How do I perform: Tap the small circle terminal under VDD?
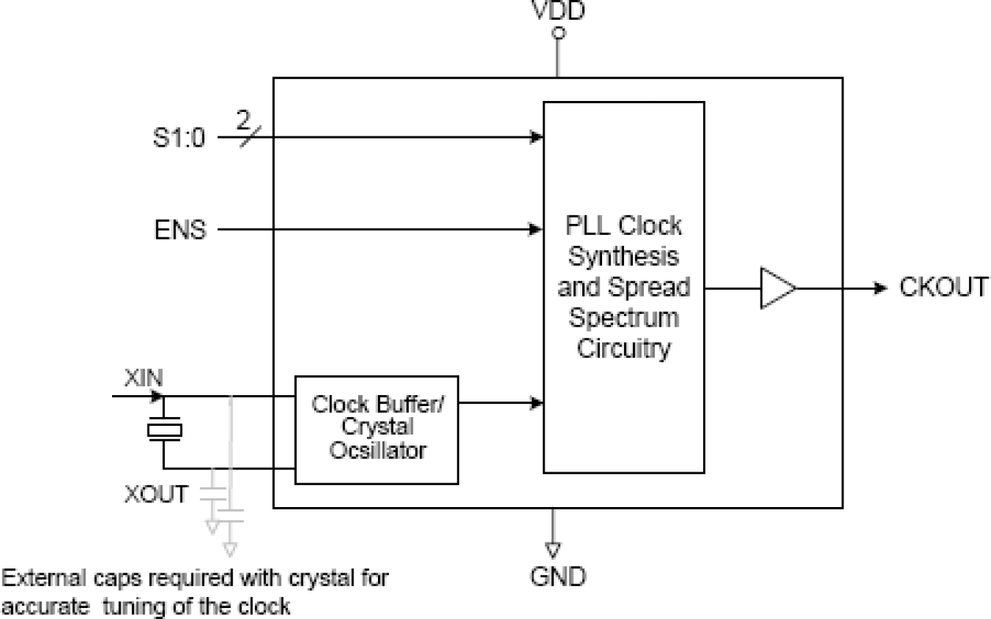[559, 35]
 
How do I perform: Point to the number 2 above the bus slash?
[243, 121]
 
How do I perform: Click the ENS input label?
[181, 231]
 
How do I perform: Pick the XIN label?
[144, 378]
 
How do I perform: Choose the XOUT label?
[156, 495]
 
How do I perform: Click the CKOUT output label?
[944, 288]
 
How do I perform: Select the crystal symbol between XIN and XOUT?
[164, 430]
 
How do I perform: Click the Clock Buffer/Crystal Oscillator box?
[376, 430]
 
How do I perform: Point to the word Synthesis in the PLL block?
[623, 256]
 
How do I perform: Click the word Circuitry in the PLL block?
[623, 348]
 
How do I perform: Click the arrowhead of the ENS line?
[537, 230]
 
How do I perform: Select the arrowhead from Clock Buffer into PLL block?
[537, 403]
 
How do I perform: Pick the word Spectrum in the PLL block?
[624, 318]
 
